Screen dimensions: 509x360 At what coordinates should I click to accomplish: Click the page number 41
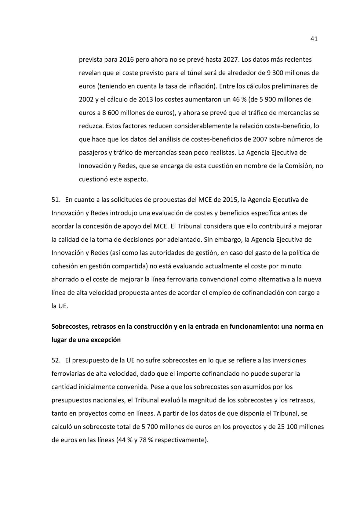click(314, 39)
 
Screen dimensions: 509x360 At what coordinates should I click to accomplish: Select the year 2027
click(231, 60)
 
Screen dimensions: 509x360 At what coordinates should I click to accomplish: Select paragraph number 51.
click(55, 200)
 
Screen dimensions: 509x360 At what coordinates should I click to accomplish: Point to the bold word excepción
click(106, 340)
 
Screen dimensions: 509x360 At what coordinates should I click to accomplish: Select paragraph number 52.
click(55, 360)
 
